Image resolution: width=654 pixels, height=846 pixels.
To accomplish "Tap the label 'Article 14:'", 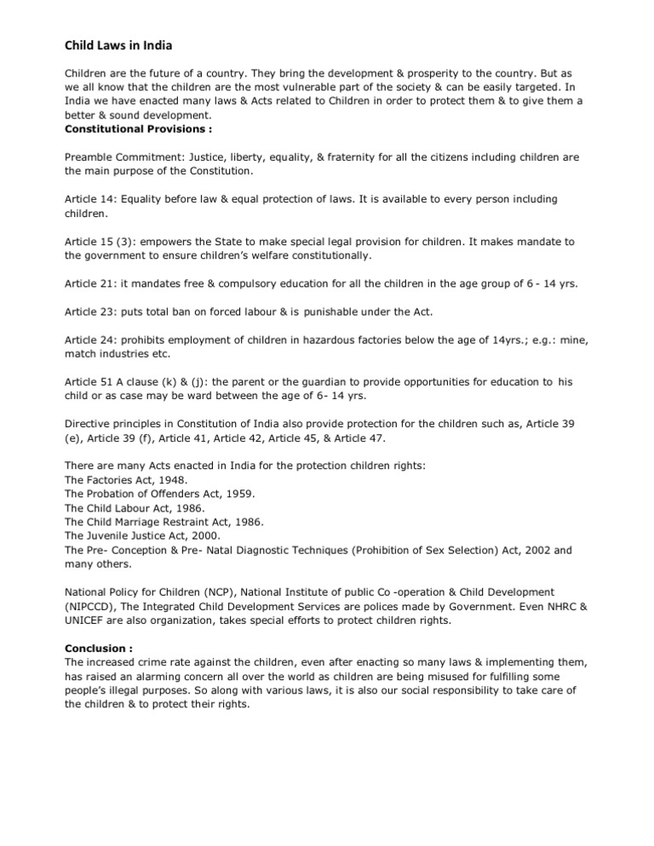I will pyautogui.click(x=90, y=199).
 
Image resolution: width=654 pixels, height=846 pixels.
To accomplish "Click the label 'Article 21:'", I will pyautogui.click(x=90, y=282).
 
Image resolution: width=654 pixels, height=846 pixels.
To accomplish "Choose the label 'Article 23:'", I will pyautogui.click(x=90, y=312).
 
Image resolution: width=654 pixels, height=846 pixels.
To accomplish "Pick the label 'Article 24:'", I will pyautogui.click(x=90, y=340).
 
